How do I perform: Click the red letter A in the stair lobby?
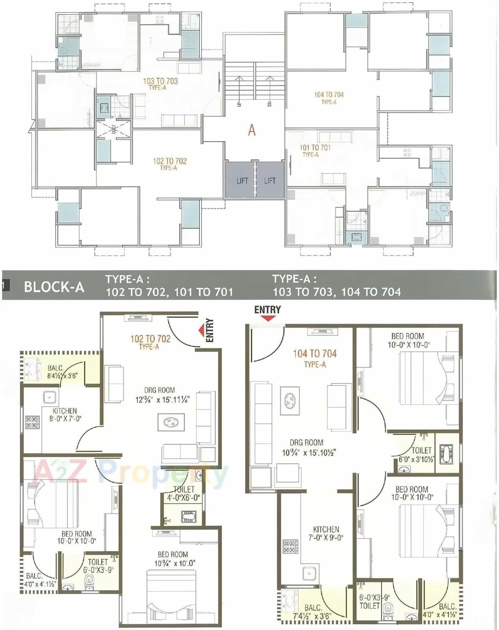pyautogui.click(x=251, y=130)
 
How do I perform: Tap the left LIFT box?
pyautogui.click(x=242, y=181)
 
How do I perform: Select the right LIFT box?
pyautogui.click(x=270, y=181)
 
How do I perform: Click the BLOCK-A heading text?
pyautogui.click(x=54, y=287)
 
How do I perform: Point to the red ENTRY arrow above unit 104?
pyautogui.click(x=268, y=318)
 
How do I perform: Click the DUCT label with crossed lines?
pyautogui.click(x=114, y=129)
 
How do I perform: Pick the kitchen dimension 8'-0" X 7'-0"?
pyautogui.click(x=65, y=419)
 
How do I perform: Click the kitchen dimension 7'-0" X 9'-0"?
pyautogui.click(x=326, y=537)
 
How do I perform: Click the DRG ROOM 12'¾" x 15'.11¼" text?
pyautogui.click(x=162, y=399)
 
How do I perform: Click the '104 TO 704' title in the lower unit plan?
pyautogui.click(x=315, y=354)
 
